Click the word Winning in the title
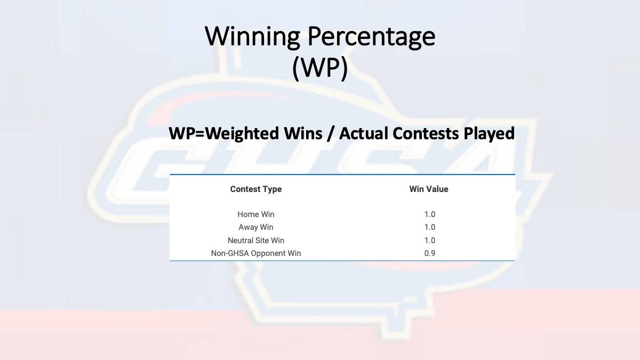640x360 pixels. (x=252, y=37)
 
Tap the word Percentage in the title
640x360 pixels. (x=371, y=37)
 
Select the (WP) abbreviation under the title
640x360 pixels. (x=320, y=69)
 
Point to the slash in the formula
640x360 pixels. (x=331, y=134)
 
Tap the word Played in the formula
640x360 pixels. (x=489, y=134)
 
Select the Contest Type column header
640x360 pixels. (x=256, y=189)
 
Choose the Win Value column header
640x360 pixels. (x=429, y=189)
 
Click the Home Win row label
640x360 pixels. (x=255, y=214)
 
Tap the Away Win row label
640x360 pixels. (x=255, y=227)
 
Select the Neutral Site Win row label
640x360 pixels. (x=255, y=241)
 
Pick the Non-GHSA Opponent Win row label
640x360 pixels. (x=255, y=253)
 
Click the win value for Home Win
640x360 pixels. (x=430, y=214)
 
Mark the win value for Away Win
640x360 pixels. (x=430, y=227)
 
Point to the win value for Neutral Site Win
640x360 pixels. (x=430, y=241)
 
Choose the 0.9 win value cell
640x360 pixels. (x=430, y=253)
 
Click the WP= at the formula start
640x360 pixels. (x=187, y=133)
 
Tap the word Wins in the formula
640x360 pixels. (x=303, y=133)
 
